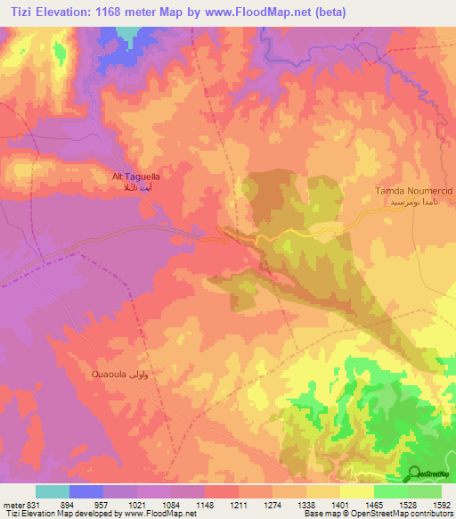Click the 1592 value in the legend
coord(440,504)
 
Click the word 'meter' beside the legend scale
coord(13,504)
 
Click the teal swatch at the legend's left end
coord(53,491)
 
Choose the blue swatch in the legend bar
coord(86,491)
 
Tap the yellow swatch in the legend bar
coord(356,491)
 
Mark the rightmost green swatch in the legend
coord(424,491)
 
